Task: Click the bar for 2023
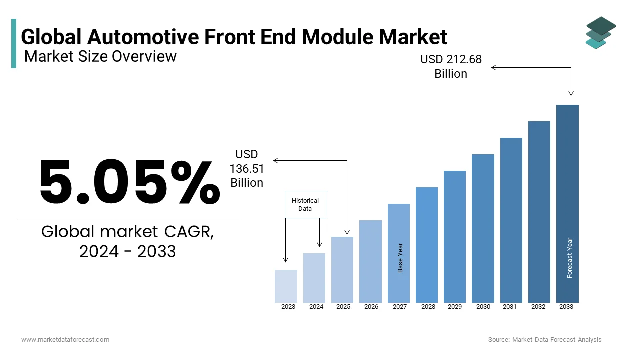(x=286, y=286)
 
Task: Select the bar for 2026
(x=370, y=261)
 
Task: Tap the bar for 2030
(x=483, y=228)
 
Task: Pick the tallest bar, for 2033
(x=567, y=203)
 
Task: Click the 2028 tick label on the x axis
(x=428, y=307)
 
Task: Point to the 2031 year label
(x=509, y=307)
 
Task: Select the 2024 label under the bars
(x=316, y=307)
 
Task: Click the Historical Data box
(x=305, y=204)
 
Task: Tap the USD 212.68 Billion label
(x=451, y=66)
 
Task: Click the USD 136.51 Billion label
(x=247, y=169)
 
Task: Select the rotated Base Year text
(x=400, y=258)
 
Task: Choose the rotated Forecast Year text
(x=569, y=258)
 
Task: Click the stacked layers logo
(x=600, y=33)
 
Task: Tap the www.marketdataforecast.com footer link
(x=65, y=340)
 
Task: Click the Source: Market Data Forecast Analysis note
(x=545, y=340)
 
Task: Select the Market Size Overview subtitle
(x=100, y=56)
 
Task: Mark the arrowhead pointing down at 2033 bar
(x=571, y=93)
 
